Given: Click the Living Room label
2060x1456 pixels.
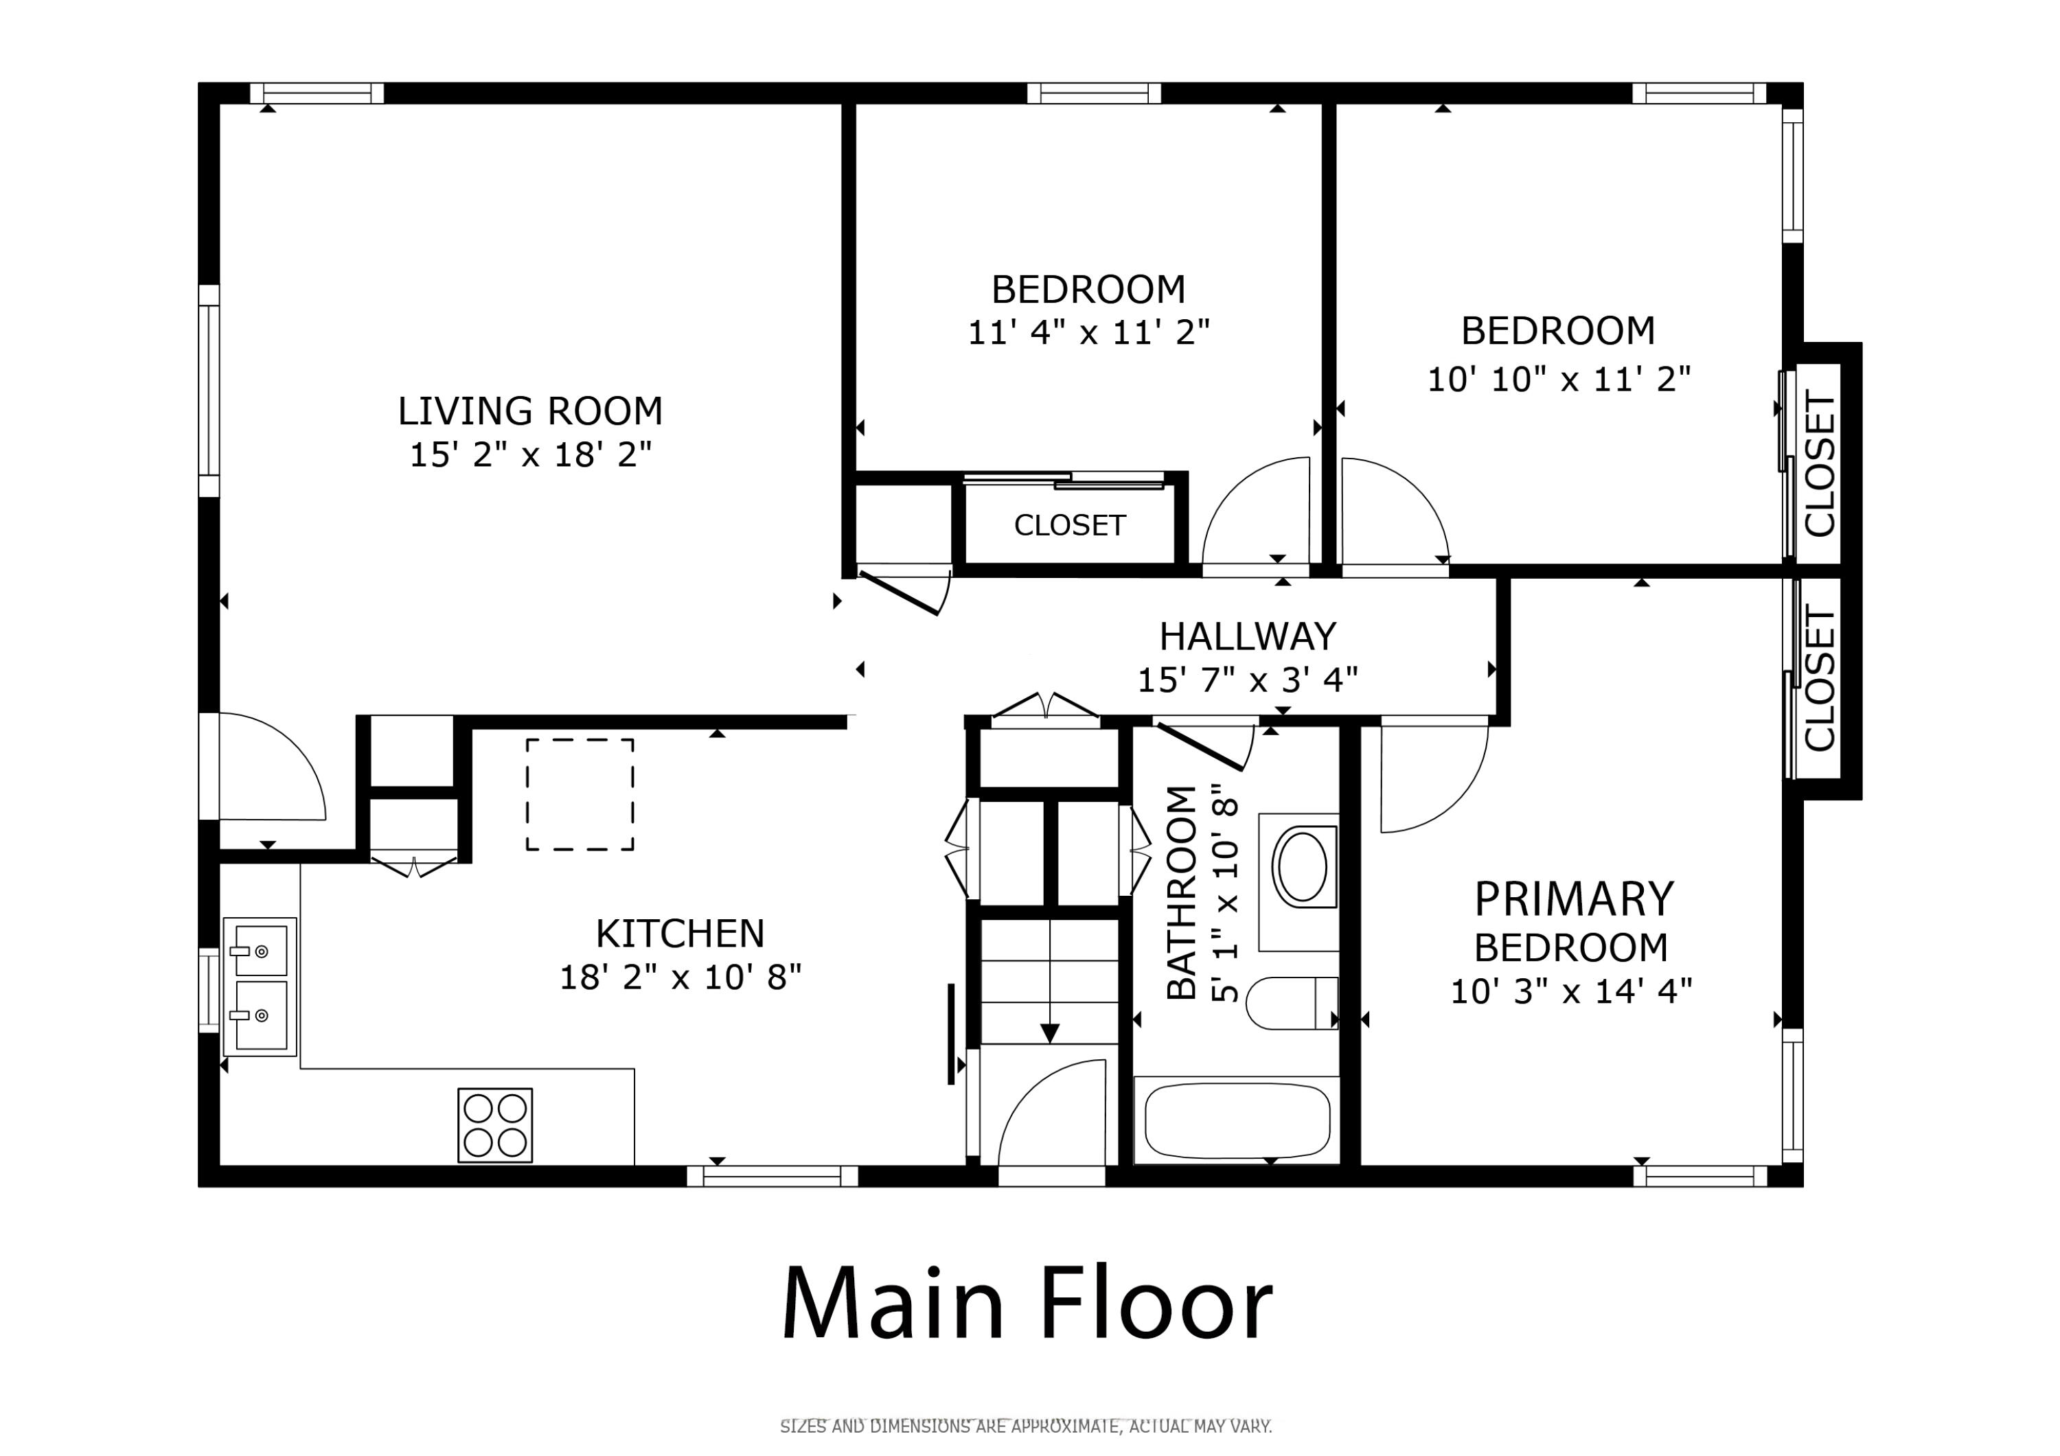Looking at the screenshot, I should (529, 412).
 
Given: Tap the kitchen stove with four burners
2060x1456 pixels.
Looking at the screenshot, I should (494, 1125).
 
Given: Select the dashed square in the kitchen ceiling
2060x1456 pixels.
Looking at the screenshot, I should (580, 795).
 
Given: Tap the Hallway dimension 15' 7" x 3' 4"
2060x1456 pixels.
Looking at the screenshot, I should (1247, 681).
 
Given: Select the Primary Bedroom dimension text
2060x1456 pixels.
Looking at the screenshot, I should (1571, 992).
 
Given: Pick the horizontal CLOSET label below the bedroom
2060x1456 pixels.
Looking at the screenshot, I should (1069, 526).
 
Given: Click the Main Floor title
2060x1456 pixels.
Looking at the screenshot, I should (1027, 1304).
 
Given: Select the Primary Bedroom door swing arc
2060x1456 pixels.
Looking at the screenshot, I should (1434, 781).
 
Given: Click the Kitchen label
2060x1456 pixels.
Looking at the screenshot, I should (680, 934).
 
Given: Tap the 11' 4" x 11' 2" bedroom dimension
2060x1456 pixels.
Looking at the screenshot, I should (1088, 333).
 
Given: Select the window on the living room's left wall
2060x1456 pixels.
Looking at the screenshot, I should (208, 391).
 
